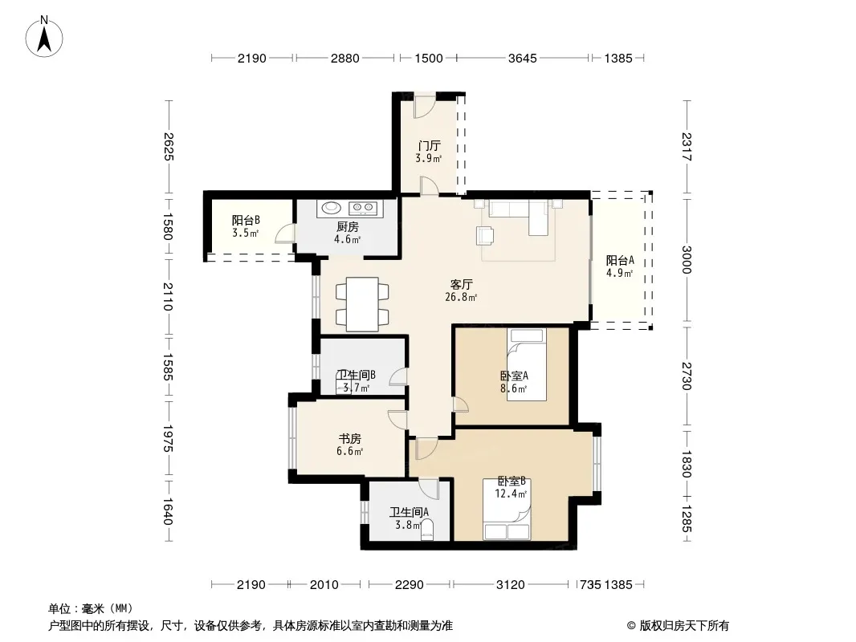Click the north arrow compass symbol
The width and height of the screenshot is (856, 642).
(x=44, y=37)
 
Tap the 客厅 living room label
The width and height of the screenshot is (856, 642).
(x=461, y=284)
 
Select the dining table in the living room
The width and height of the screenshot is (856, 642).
(x=362, y=304)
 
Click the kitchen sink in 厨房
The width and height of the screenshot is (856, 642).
(x=332, y=208)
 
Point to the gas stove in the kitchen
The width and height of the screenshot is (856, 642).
(x=363, y=207)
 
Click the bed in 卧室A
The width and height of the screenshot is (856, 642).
(x=526, y=364)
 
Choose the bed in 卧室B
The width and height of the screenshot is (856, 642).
(x=507, y=510)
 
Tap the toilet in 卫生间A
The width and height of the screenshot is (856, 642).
(x=427, y=529)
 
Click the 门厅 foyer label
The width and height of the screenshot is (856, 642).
(x=429, y=145)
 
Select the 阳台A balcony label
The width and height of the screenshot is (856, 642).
(x=620, y=260)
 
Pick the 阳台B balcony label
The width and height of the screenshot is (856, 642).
(x=246, y=221)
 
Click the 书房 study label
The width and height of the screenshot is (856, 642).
(x=350, y=438)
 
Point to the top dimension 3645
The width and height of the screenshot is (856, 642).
(x=523, y=58)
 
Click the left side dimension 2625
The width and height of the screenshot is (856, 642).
(x=168, y=147)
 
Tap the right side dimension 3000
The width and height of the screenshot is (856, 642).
(x=687, y=260)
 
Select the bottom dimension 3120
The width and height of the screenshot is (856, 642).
(x=511, y=585)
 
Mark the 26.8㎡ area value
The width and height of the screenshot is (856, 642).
(x=461, y=297)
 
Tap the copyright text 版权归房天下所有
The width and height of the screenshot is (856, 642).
(x=684, y=626)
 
